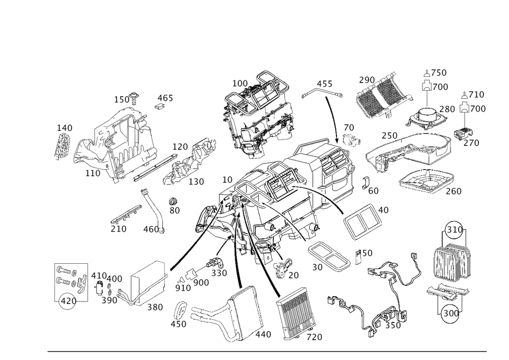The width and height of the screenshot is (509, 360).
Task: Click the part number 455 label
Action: [324, 84]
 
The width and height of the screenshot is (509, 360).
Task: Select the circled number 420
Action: [69, 301]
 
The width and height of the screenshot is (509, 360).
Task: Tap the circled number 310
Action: [455, 230]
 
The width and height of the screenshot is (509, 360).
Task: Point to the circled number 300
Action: [451, 313]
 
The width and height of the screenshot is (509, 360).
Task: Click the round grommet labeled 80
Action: [174, 202]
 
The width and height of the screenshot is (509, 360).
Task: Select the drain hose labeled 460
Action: [153, 210]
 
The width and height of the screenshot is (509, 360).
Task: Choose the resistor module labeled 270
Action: [463, 133]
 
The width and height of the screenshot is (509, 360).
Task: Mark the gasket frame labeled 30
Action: [328, 256]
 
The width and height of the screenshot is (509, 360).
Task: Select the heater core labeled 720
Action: [295, 313]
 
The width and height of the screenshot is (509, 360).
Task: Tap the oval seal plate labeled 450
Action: [180, 310]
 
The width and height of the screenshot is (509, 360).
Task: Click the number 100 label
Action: [240, 84]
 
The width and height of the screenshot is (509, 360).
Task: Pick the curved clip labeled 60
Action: [366, 183]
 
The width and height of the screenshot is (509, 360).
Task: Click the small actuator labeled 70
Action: [352, 140]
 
